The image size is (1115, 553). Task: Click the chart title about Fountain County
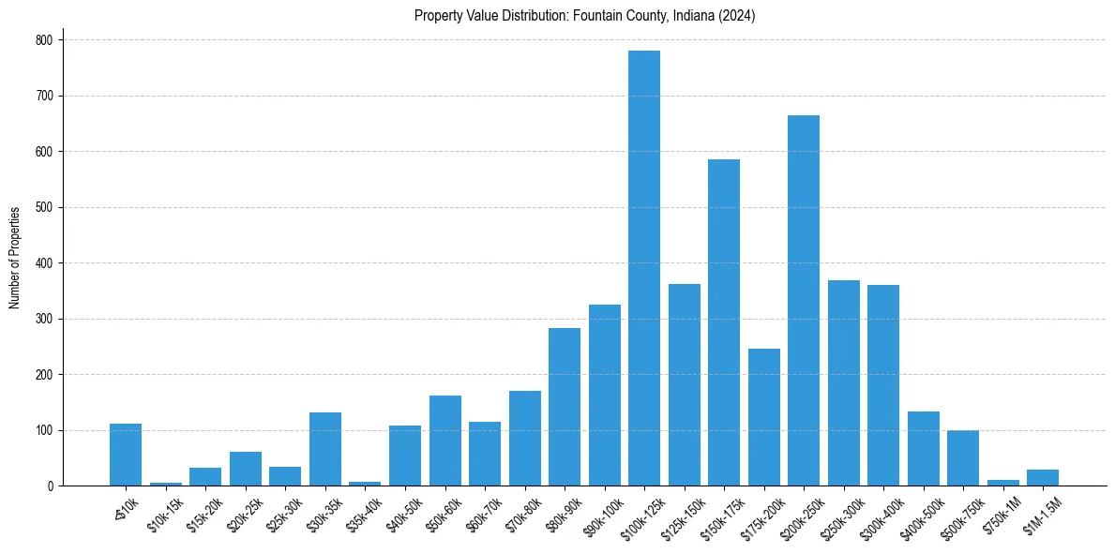[x=584, y=16]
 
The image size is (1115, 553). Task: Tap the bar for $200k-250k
[x=804, y=300]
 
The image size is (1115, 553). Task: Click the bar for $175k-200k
[x=764, y=417]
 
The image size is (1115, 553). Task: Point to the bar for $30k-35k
[x=325, y=449]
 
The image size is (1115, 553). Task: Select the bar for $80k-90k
[x=565, y=407]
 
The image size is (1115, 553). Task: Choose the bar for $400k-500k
[x=924, y=448]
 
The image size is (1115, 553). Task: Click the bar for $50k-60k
[x=445, y=441]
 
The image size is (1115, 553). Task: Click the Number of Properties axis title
[x=15, y=258]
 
